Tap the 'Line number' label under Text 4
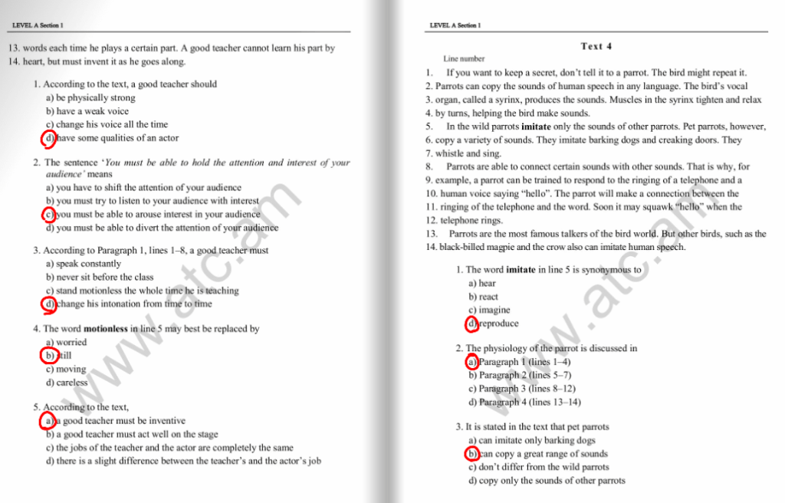click(x=464, y=59)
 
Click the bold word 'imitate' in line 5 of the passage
click(x=530, y=127)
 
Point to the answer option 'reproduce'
click(x=498, y=324)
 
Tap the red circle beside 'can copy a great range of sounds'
click(x=472, y=454)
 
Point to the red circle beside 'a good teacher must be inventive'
click(x=48, y=421)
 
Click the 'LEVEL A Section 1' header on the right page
click(x=455, y=25)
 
